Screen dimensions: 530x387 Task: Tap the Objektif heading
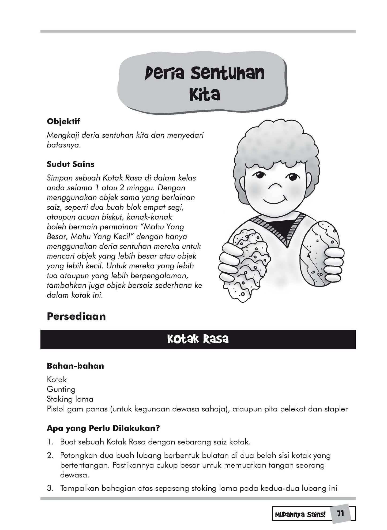point(63,121)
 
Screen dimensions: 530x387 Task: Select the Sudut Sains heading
point(70,164)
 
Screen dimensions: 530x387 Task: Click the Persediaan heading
point(76,316)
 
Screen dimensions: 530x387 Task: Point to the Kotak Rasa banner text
point(198,339)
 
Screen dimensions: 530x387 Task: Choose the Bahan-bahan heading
point(75,366)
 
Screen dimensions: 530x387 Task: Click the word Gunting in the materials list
point(61,389)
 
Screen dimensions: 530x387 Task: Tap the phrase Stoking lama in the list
point(70,399)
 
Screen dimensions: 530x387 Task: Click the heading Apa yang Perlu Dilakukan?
point(103,428)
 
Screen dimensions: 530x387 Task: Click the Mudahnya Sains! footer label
point(300,515)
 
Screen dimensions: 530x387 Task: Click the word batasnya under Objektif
point(63,145)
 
